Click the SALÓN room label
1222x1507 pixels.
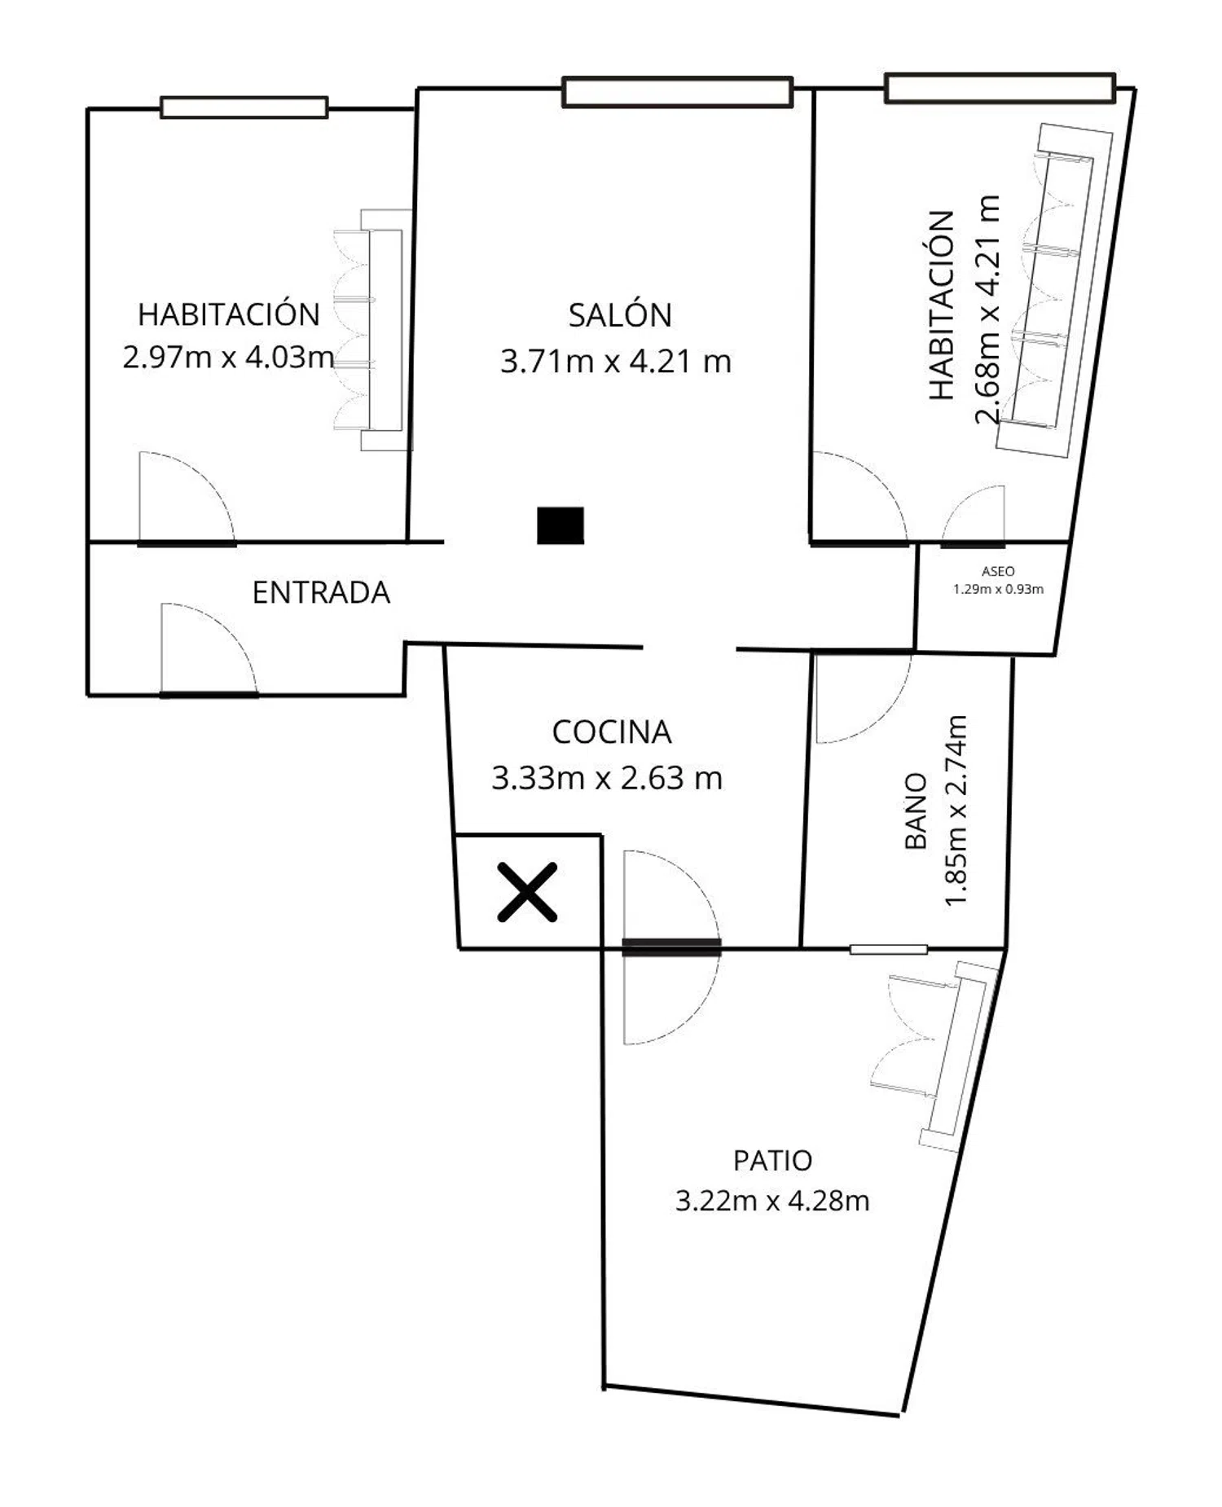pos(620,314)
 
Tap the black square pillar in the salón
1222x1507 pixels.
pos(560,525)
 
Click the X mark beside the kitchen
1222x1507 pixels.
pos(528,892)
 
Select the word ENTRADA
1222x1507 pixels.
pos(321,592)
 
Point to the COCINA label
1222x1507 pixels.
pos(612,732)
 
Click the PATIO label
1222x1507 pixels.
pos(772,1160)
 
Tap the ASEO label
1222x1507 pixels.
pos(998,572)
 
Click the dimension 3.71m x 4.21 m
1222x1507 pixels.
pos(616,361)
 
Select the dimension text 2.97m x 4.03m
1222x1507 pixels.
pos(228,357)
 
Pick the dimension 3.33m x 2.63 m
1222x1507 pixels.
pos(607,778)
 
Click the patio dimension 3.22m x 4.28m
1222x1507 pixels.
pos(772,1201)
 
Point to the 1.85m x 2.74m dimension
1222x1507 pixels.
pos(955,811)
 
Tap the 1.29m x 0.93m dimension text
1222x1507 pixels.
pos(998,589)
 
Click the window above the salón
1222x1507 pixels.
pos(677,91)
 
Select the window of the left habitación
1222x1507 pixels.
pos(244,108)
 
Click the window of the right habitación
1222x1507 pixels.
pos(1000,88)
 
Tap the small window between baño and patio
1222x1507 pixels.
pos(888,949)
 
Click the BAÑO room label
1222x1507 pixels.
pos(916,811)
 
